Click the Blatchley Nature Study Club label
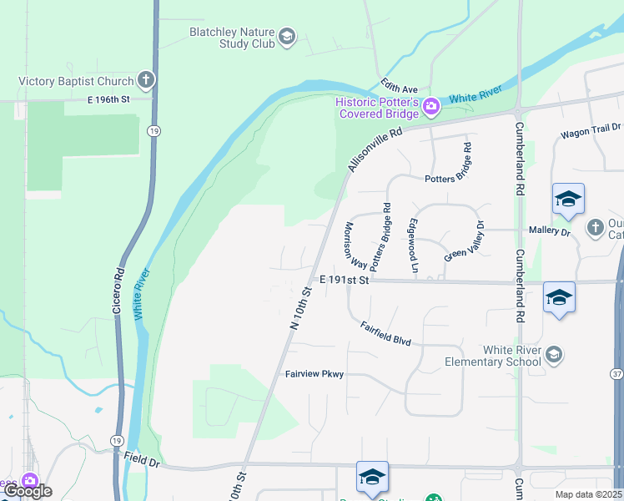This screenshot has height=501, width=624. coord(231,38)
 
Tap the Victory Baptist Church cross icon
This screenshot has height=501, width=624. coord(146,80)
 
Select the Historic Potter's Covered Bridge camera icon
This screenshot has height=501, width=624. coord(431,105)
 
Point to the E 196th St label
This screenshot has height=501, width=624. coord(109,99)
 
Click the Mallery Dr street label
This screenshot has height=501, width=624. coord(549,230)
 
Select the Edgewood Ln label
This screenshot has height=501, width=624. coord(412,247)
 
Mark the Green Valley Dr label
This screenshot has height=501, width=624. coord(465,242)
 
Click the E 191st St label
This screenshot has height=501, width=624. coord(344,281)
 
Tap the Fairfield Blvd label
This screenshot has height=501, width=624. coord(386,334)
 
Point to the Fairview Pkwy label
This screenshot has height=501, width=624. coord(315,375)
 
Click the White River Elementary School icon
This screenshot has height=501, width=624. coord(553,356)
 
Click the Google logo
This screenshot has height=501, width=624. coord(28,491)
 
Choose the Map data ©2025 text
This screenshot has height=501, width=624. coord(588,494)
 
